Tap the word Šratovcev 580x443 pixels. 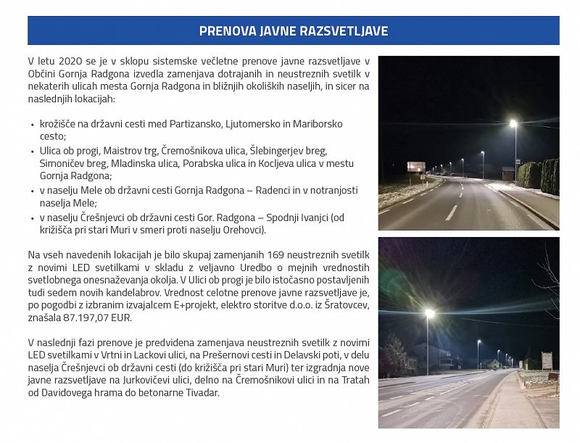(343, 305)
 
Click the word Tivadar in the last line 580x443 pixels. (201, 393)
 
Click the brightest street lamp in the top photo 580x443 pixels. (513, 123)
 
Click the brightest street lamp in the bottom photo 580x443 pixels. (429, 313)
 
